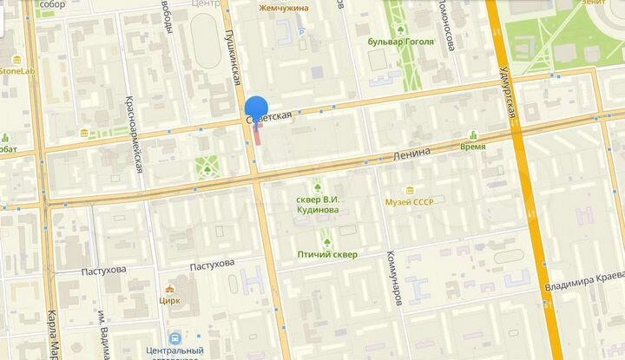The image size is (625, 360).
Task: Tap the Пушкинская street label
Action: (x=233, y=56)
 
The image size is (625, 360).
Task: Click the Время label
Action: (x=473, y=147)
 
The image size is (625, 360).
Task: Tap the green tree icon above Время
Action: (x=473, y=134)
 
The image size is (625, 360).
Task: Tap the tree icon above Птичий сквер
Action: (x=327, y=242)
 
